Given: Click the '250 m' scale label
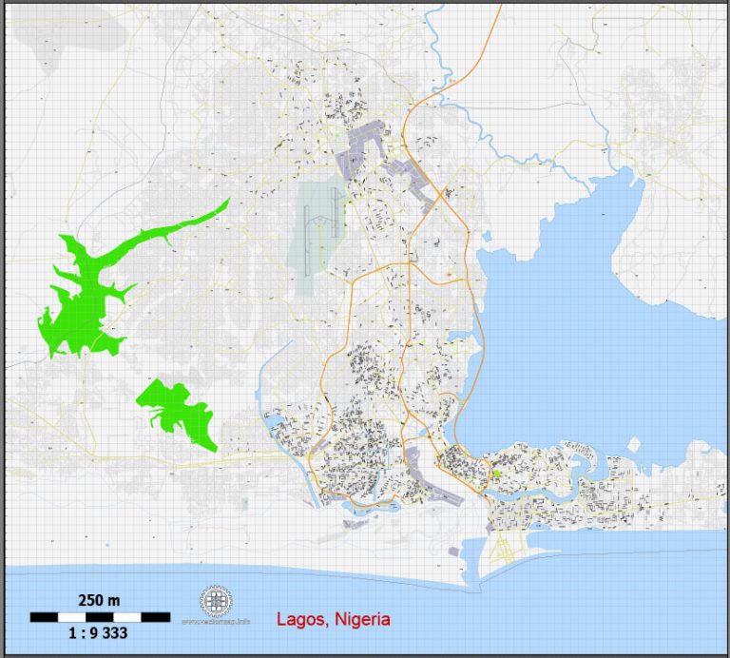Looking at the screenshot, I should point(98,600).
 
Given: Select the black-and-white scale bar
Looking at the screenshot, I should point(100,616).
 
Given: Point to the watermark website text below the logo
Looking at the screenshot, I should point(216,623).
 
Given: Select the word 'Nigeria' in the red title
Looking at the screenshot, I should point(360,619).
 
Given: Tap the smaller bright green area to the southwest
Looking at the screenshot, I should point(181,409).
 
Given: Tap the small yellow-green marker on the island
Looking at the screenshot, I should point(495,473).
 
